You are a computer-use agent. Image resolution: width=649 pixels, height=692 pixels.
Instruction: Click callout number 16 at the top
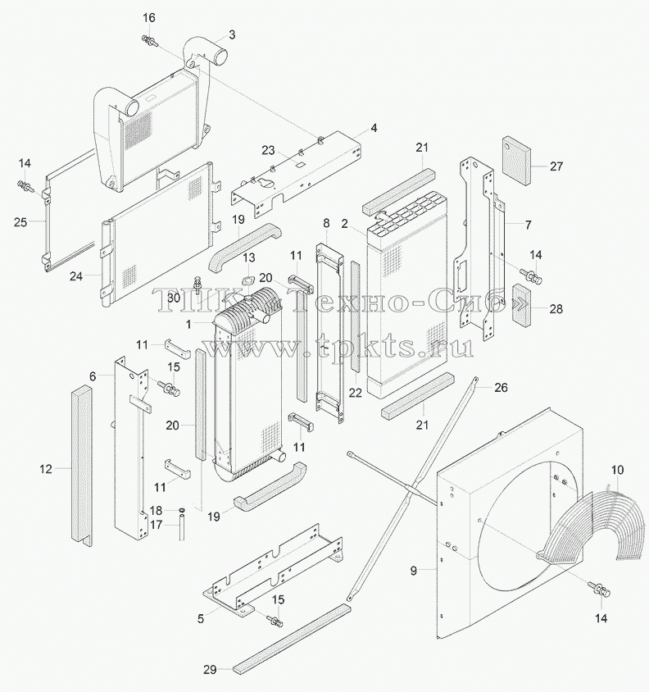[149, 18]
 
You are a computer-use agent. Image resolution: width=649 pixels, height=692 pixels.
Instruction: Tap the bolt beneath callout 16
[148, 41]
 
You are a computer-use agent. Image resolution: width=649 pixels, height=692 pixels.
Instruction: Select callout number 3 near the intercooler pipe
[232, 35]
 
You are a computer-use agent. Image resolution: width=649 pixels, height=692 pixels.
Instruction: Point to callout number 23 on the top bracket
[268, 151]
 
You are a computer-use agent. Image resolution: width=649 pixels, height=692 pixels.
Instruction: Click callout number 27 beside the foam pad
[556, 166]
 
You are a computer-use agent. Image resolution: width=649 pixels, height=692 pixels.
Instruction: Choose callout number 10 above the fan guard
[618, 470]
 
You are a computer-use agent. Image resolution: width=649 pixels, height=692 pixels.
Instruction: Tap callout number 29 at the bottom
[210, 670]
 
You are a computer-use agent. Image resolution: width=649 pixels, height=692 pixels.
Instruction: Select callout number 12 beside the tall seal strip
[46, 469]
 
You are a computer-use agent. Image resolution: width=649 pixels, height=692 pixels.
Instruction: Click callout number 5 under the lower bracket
[201, 619]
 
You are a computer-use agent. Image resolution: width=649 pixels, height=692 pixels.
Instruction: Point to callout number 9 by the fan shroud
[413, 571]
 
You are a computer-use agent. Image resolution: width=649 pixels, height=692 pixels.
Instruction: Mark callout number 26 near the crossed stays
[501, 388]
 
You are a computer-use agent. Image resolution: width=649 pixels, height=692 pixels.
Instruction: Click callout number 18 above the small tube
[157, 511]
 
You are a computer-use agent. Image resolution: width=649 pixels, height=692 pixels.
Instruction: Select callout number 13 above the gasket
[249, 257]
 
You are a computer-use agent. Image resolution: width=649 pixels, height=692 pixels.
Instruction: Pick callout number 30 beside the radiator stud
[174, 298]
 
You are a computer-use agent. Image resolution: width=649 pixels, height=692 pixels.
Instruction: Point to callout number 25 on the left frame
[20, 222]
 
